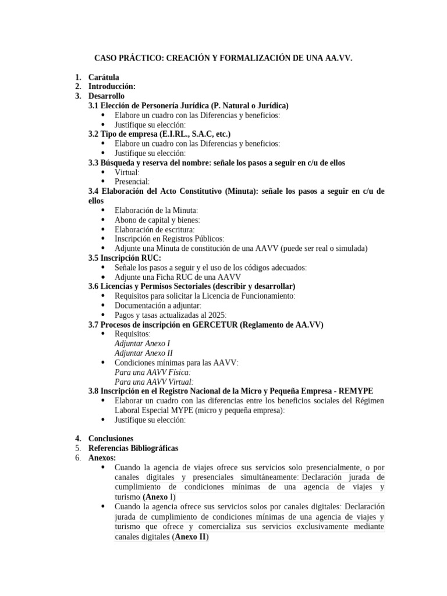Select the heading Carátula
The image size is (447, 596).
point(104,77)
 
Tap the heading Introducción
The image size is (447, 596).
point(112,86)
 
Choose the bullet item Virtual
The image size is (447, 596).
point(127,172)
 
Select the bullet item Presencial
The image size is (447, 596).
point(132,182)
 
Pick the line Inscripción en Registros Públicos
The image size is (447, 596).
point(169,239)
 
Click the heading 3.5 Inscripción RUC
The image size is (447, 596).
point(125,258)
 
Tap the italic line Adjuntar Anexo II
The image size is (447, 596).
point(143,353)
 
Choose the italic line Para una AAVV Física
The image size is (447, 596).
point(152,372)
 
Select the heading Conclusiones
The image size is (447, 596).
point(111,438)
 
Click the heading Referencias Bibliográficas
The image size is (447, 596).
point(133,448)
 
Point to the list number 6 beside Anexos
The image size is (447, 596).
point(77,458)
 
